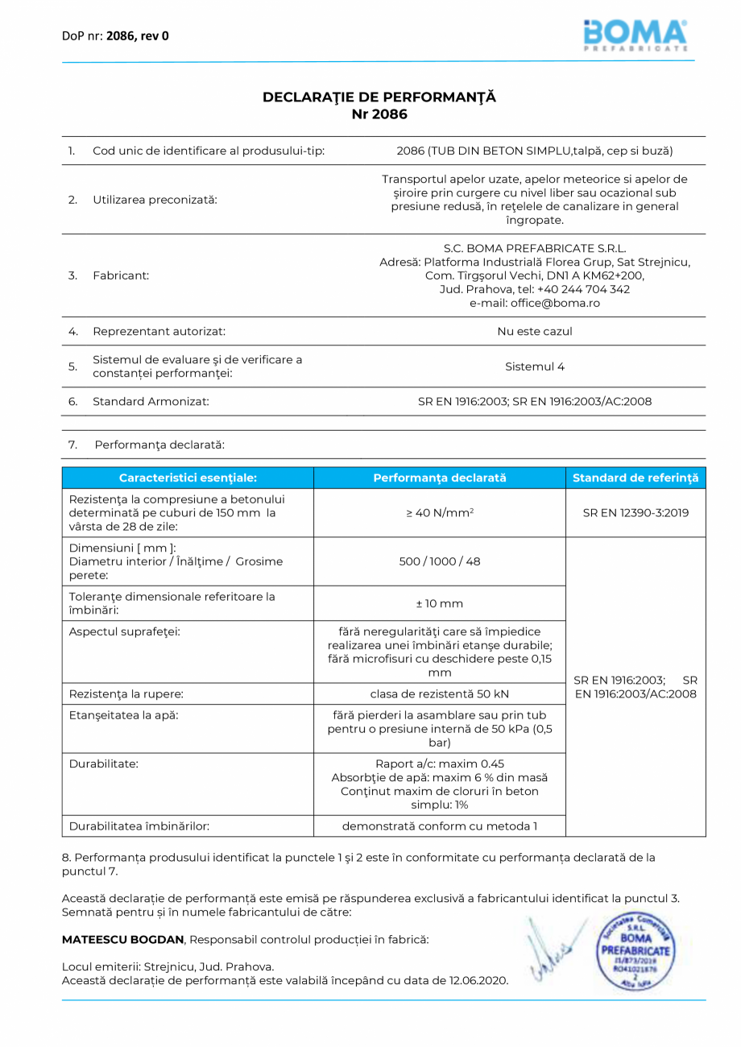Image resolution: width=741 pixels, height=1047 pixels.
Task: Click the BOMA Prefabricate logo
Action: [x=635, y=35]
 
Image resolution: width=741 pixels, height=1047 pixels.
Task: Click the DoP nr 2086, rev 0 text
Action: [x=115, y=35]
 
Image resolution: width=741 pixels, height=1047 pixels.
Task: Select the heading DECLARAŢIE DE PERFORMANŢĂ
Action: [x=379, y=97]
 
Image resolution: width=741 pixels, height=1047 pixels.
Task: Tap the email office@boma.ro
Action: [x=535, y=304]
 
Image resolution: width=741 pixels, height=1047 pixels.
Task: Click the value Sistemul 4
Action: [x=535, y=366]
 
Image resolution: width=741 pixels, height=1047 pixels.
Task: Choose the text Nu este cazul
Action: [x=535, y=331]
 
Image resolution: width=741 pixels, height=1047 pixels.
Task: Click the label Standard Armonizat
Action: [x=151, y=401]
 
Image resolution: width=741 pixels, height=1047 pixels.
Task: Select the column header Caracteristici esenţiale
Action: [x=188, y=478]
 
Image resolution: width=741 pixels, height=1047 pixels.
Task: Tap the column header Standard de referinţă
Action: [x=635, y=478]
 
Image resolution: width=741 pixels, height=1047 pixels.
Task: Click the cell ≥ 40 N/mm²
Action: [x=439, y=513]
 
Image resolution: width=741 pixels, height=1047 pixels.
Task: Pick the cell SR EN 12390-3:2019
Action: [x=635, y=513]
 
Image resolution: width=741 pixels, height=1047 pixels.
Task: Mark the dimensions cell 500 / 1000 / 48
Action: [x=439, y=561]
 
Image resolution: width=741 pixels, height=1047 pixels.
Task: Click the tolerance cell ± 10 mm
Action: [x=439, y=603]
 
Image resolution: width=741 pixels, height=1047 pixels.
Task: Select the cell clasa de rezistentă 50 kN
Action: [x=439, y=693]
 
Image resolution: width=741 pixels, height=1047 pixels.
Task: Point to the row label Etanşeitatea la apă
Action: [x=123, y=714]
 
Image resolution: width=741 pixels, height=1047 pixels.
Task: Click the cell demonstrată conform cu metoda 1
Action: [x=439, y=826]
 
